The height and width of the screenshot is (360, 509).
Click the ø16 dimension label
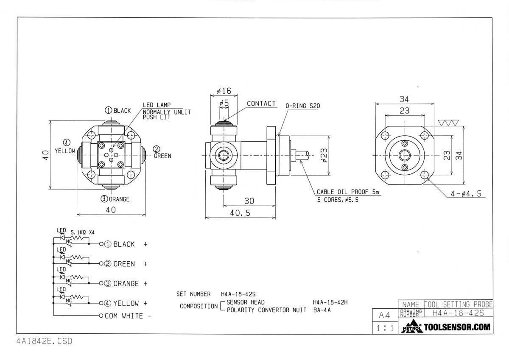224,91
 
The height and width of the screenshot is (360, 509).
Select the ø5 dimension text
224,103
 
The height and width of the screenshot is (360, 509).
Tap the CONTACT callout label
261,103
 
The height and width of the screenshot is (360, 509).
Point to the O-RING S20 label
303,106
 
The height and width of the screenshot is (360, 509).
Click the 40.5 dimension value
240,213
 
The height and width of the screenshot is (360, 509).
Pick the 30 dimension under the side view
249,201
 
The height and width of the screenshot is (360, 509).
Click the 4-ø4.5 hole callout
466,193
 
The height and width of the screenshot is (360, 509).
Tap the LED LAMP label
157,105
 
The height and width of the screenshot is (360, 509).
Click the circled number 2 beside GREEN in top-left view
157,149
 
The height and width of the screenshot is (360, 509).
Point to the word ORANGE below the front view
119,199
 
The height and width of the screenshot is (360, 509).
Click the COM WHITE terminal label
124,316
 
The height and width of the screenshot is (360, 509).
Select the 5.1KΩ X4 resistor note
82,232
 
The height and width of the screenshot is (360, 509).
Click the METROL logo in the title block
412,327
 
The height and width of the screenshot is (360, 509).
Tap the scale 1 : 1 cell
385,328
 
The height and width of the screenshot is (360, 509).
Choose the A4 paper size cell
384,315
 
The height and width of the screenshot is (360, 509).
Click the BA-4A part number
322,310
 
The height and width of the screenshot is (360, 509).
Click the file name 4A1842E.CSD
44,341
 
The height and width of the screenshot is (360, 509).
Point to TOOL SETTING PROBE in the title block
459,304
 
